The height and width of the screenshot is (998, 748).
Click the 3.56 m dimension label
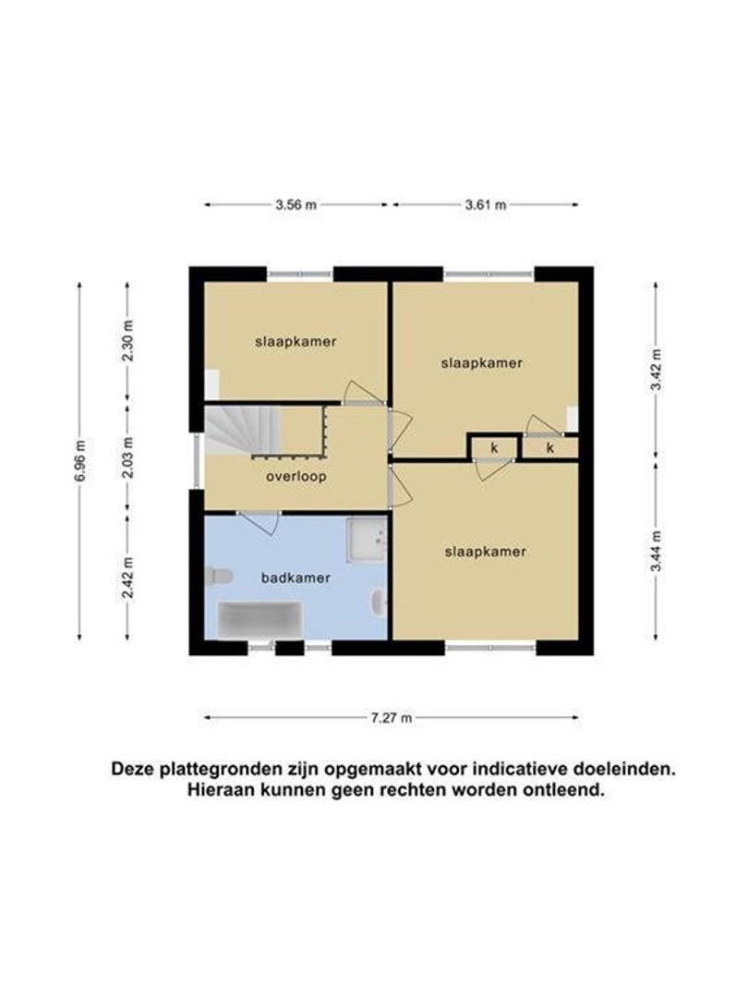point(296,205)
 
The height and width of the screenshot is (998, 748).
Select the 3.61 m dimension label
point(486,205)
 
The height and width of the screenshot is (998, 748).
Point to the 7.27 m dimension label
point(392,717)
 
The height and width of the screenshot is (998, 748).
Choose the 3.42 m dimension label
point(656,369)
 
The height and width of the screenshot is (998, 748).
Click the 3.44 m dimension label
point(656,553)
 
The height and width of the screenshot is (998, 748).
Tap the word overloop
point(295,477)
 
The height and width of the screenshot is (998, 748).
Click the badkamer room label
point(296,578)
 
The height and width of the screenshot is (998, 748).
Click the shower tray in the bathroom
point(367,538)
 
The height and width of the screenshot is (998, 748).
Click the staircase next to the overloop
point(243,431)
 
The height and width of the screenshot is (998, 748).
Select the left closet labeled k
point(494,448)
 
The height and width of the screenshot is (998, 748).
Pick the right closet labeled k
point(550,448)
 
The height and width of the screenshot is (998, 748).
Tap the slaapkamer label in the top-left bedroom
point(296,341)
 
